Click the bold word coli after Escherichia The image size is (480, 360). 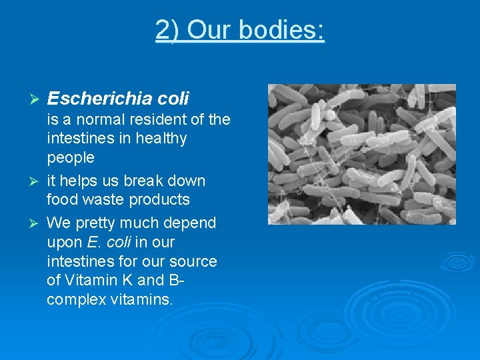(x=173, y=99)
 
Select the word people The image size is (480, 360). (x=71, y=158)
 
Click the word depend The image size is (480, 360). (x=189, y=223)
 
